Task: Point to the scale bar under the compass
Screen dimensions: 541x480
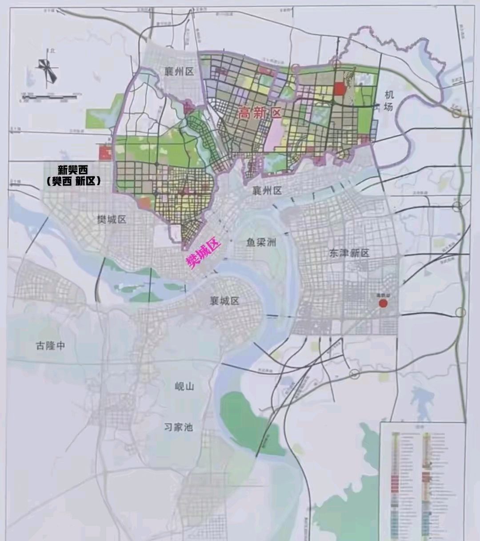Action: tap(50, 97)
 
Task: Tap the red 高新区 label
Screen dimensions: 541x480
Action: tap(260, 113)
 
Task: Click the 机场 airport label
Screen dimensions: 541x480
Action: tap(390, 100)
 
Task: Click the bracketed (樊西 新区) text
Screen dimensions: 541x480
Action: tap(73, 181)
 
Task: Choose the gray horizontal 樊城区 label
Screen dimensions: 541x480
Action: tap(112, 219)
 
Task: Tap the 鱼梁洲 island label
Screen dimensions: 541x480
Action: tap(261, 242)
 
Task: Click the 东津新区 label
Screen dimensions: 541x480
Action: tap(349, 253)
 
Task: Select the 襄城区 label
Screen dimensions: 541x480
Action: tap(224, 301)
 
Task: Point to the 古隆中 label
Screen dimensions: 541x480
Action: tap(50, 345)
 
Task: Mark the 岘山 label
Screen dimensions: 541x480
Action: tap(184, 386)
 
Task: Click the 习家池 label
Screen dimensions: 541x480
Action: tap(178, 427)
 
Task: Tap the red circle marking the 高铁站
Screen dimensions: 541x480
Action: tap(383, 303)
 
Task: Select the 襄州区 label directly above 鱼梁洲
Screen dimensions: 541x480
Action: tap(267, 191)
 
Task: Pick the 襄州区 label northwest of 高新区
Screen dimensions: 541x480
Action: tap(178, 72)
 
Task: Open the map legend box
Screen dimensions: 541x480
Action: tap(422, 480)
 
